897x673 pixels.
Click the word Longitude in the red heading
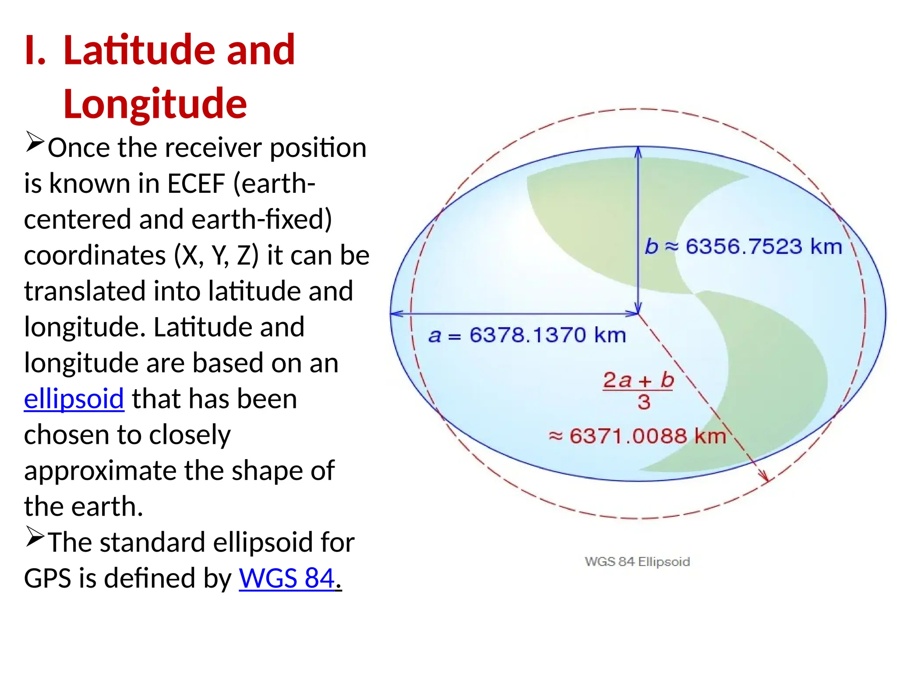tap(155, 104)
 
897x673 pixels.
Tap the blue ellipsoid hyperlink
tap(74, 399)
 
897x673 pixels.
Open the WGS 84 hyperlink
tap(287, 578)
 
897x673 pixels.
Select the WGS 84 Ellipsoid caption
tap(637, 562)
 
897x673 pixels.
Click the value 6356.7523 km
tap(763, 246)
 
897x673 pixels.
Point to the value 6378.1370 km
tap(547, 336)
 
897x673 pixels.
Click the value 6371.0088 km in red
tap(647, 436)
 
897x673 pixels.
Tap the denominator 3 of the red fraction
tap(643, 402)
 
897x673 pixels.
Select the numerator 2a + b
tap(638, 380)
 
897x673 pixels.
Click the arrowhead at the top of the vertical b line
tap(638, 152)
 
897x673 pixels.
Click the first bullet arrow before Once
tap(35, 142)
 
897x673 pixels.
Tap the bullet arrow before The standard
tap(35, 537)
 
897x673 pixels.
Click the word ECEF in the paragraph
tap(196, 183)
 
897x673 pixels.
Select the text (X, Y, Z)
tap(216, 255)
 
